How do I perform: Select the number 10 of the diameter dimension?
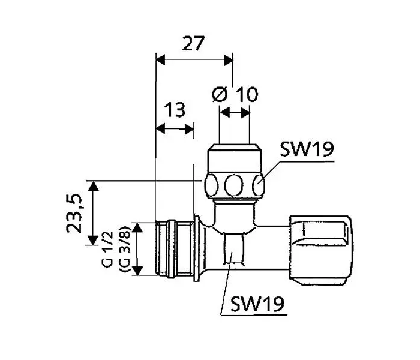coord(245,95)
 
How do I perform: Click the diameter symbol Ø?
coord(220,95)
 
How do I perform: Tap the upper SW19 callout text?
coord(307,149)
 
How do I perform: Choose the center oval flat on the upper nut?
coord(232,185)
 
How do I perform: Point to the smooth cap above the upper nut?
coord(233,158)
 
